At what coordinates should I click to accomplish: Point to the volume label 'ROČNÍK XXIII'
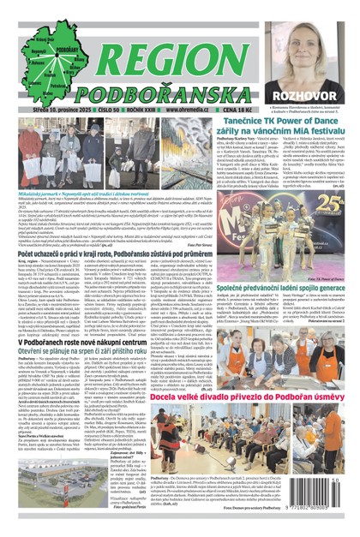tap(153, 110)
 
